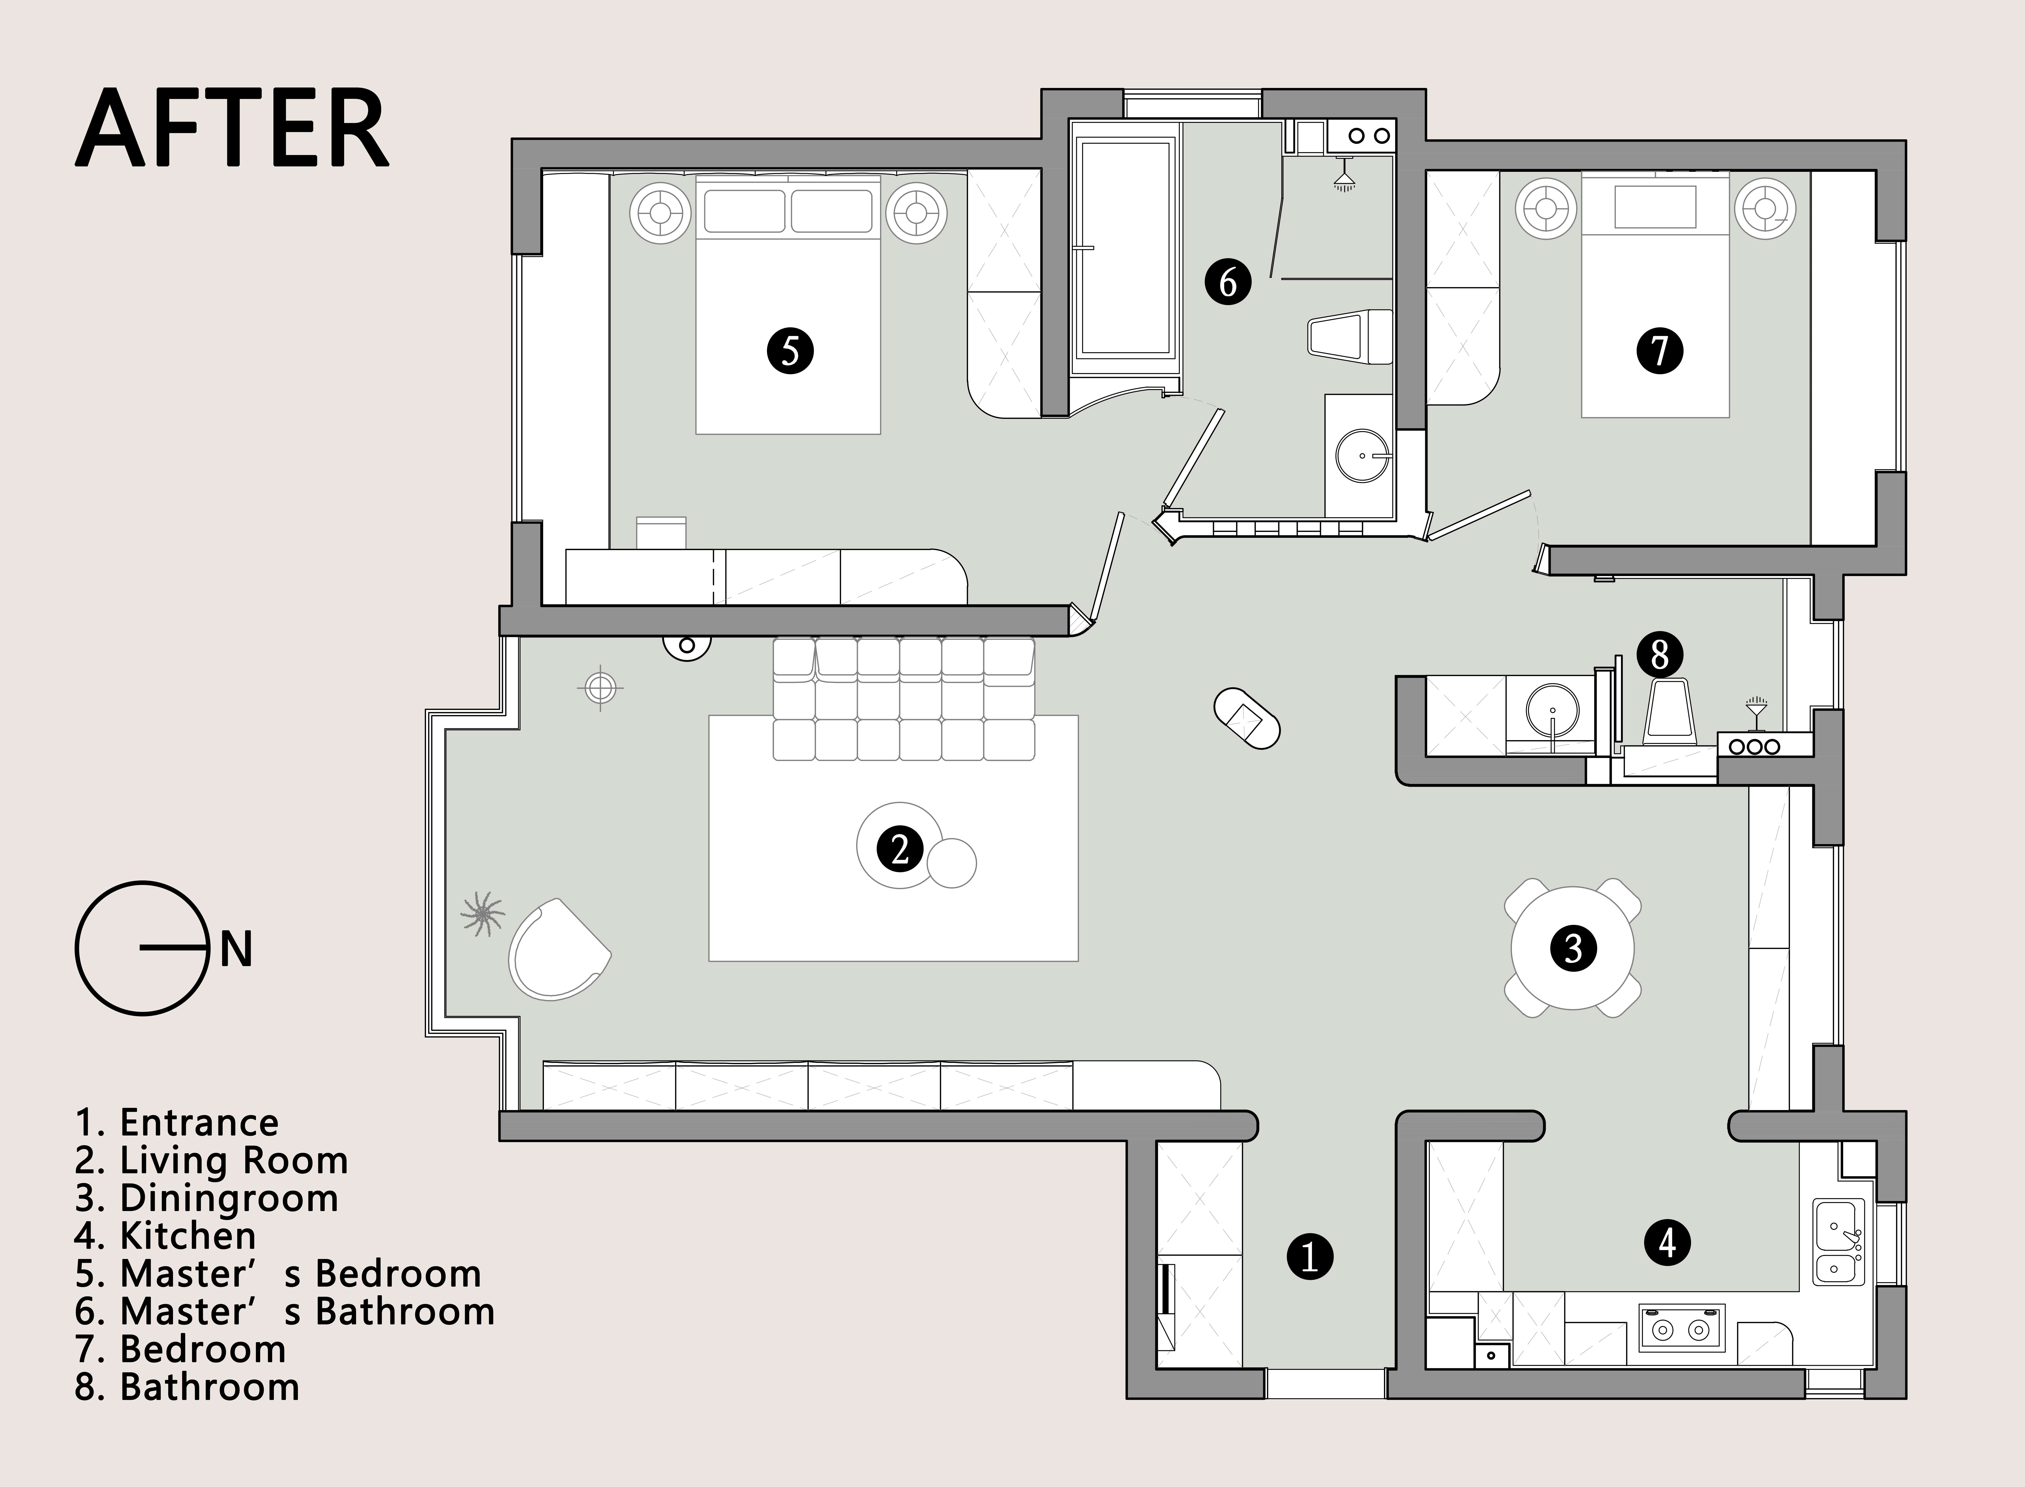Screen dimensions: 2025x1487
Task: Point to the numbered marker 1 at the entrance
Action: pyautogui.click(x=1309, y=1256)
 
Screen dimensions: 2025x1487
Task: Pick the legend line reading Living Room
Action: pyautogui.click(x=212, y=1161)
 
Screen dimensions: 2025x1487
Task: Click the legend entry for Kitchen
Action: pyautogui.click(x=166, y=1236)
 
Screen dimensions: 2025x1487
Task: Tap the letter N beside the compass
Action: pyautogui.click(x=236, y=950)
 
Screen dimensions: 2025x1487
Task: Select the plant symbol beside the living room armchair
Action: pyautogui.click(x=482, y=914)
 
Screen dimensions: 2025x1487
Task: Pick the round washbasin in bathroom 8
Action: pyautogui.click(x=1553, y=711)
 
